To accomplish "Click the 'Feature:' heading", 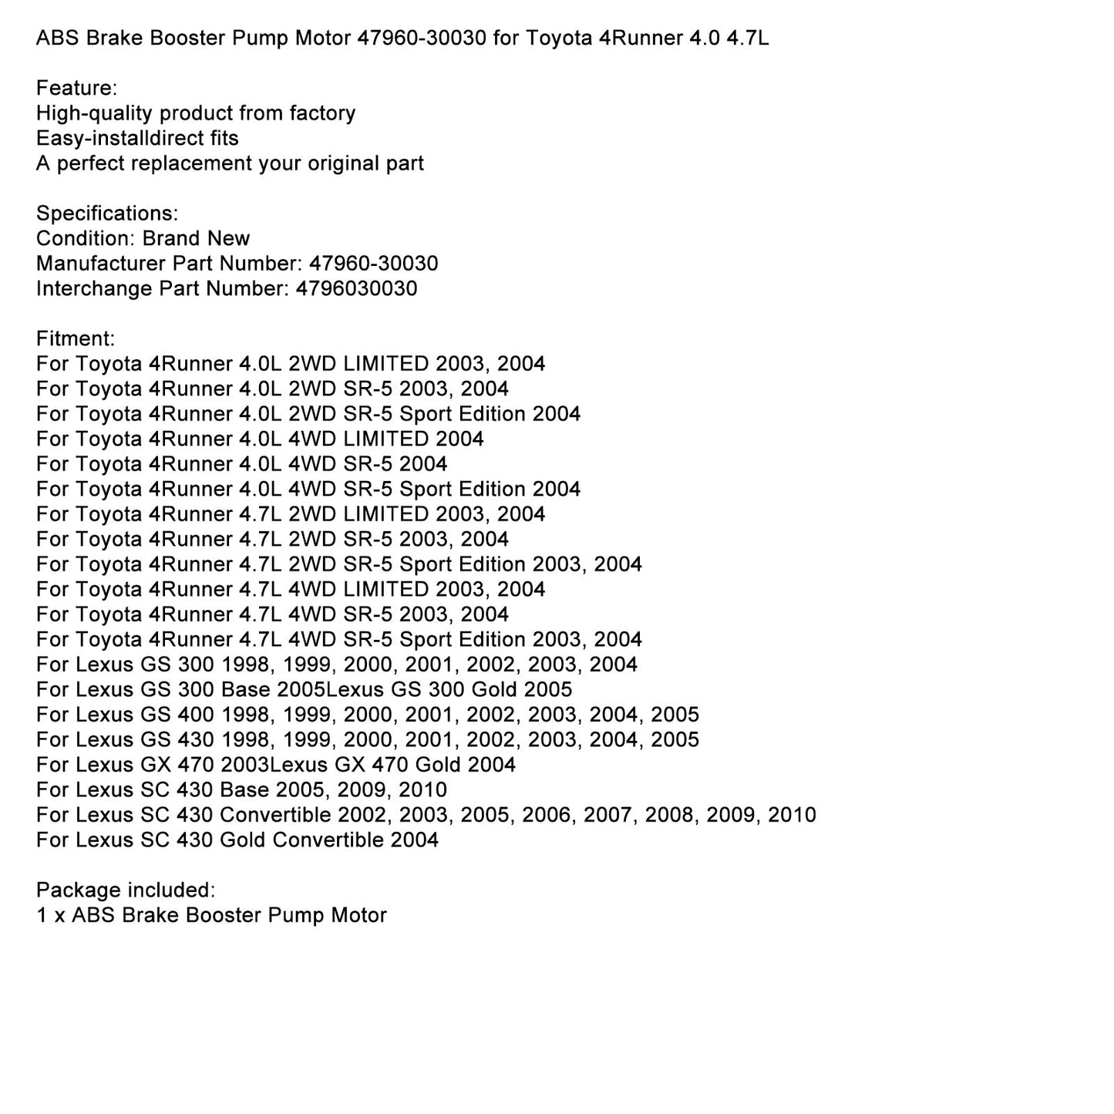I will pyautogui.click(x=76, y=88).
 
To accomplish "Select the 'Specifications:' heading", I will pyautogui.click(x=107, y=214).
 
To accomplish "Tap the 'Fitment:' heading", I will pyautogui.click(x=76, y=338).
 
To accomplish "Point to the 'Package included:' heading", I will pyautogui.click(x=126, y=890).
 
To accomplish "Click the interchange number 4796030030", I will pyautogui.click(x=356, y=288).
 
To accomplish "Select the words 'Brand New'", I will pyautogui.click(x=196, y=238).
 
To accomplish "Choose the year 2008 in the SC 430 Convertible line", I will pyautogui.click(x=669, y=815).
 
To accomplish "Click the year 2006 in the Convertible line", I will pyautogui.click(x=547, y=815).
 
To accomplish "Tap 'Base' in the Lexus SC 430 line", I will pyautogui.click(x=244, y=789).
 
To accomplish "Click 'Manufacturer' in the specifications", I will pyautogui.click(x=101, y=264).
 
